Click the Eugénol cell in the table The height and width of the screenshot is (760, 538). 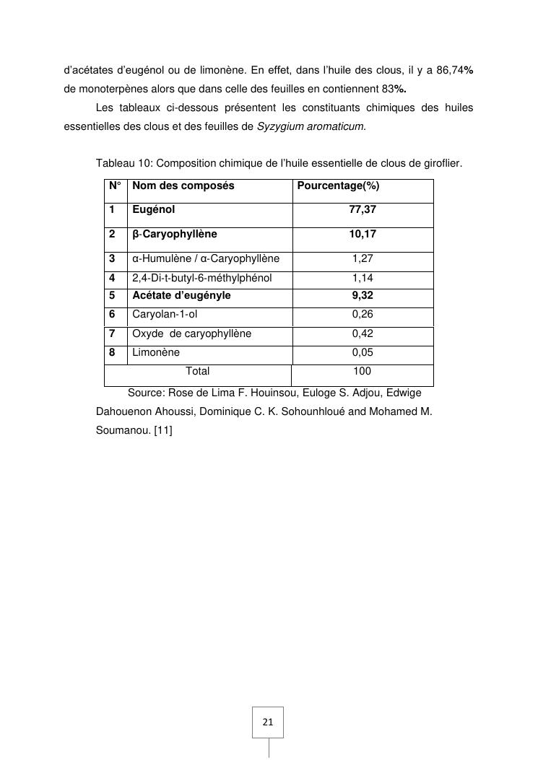coord(154,210)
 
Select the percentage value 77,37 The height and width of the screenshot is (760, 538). coord(363,210)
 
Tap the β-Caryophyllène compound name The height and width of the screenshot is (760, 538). coord(174,235)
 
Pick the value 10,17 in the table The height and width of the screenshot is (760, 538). coord(363,235)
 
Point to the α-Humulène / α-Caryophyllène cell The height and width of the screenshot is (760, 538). coord(206,259)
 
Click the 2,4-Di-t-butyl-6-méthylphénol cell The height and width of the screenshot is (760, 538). coord(201,278)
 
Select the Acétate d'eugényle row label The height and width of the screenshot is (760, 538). coord(181,295)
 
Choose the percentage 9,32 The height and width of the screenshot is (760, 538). coord(363,295)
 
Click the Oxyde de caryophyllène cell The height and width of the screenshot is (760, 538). coord(191,333)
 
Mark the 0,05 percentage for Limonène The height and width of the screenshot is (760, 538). coord(363,353)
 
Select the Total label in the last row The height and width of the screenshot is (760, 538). coord(198,372)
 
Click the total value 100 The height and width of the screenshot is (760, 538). coord(363,372)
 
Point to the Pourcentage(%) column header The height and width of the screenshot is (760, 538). coord(339,186)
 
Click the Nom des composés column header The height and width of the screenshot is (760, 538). coord(183,186)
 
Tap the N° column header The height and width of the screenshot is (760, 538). coord(115,186)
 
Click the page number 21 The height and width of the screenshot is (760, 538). coord(268,722)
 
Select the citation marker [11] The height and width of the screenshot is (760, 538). coord(162,431)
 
